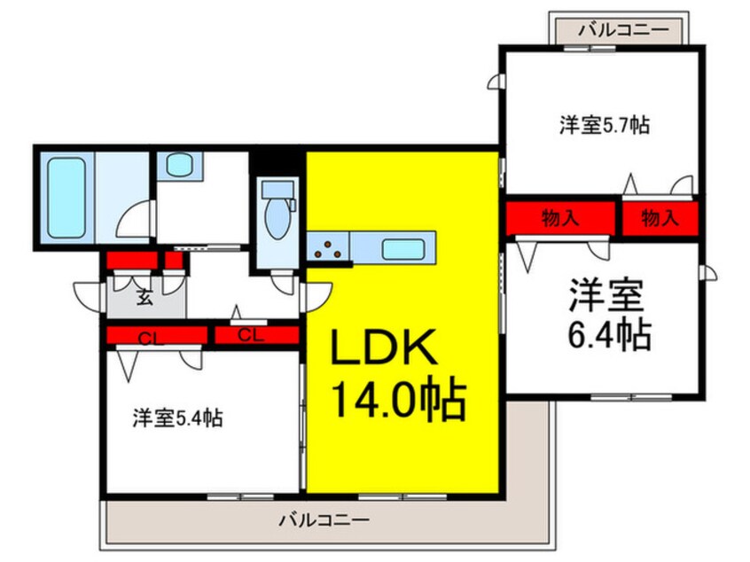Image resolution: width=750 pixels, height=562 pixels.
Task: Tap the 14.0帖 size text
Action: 399,402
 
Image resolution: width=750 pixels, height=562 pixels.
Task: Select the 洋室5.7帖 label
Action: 604,125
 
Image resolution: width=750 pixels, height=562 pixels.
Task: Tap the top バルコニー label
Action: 618,30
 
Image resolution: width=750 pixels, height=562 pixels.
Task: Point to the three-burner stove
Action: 329,249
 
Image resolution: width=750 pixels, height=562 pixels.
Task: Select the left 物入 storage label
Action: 560,218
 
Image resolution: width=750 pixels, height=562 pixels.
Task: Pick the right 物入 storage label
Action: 660,218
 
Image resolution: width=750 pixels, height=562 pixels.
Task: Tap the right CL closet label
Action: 251,335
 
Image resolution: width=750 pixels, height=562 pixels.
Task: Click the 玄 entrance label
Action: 144,298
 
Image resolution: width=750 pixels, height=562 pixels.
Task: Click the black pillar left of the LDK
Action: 279,162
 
